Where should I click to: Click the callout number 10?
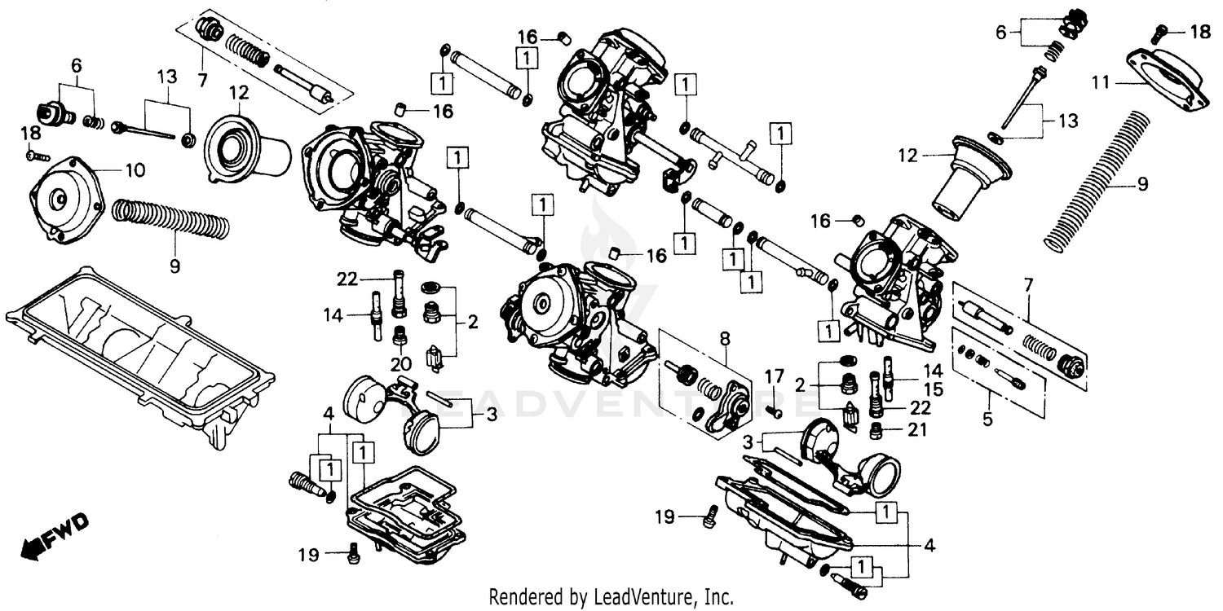(x=135, y=170)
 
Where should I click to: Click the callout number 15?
(x=934, y=389)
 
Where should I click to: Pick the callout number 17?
(x=774, y=376)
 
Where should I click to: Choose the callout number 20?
(x=400, y=363)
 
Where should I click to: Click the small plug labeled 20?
(x=400, y=336)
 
